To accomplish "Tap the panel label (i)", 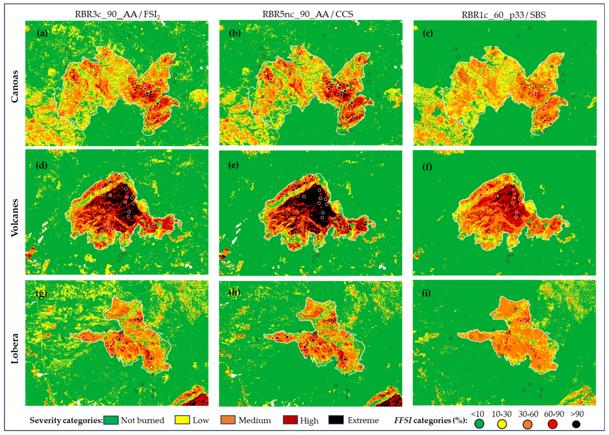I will (426, 293).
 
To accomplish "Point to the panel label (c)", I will (428, 34).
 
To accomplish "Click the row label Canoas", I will (15, 86).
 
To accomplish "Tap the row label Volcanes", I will (15, 218).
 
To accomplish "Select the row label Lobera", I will (15, 348).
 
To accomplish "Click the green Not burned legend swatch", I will (111, 420).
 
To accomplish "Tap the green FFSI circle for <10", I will (479, 424).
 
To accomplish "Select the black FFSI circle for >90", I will (576, 424).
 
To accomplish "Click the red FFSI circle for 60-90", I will (552, 424).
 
